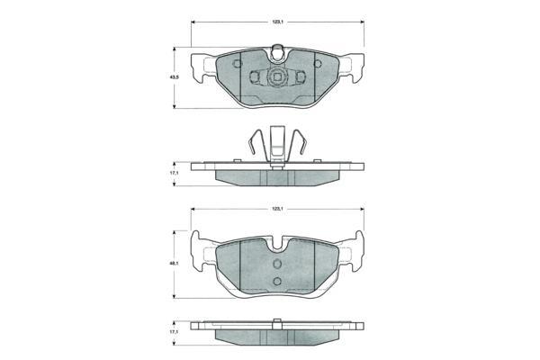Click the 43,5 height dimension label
click(x=175, y=77)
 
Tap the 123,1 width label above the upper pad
click(x=277, y=22)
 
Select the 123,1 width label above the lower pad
click(x=277, y=209)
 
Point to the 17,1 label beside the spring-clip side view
click(x=175, y=174)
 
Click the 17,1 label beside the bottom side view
click(x=175, y=332)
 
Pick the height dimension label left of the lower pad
click(x=175, y=264)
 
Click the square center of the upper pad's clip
click(x=277, y=77)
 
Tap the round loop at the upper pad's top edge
click(x=277, y=52)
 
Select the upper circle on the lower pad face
click(x=277, y=264)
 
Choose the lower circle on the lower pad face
click(x=277, y=281)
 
